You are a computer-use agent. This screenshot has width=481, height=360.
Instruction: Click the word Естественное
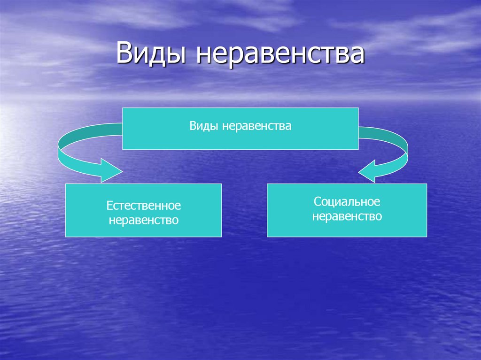click(143, 206)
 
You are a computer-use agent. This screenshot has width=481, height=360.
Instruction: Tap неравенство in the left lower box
click(143, 220)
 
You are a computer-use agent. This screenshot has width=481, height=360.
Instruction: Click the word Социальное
click(347, 202)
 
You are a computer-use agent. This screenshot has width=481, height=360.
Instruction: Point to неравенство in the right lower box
click(347, 216)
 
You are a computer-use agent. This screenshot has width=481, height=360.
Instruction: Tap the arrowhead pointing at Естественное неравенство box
click(111, 170)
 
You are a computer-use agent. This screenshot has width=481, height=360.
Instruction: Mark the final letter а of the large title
click(357, 55)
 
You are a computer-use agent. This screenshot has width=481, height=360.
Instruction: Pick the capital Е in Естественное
click(109, 206)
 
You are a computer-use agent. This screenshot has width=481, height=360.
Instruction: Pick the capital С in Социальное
click(318, 202)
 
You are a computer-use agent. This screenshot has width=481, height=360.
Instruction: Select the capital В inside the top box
click(193, 126)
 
